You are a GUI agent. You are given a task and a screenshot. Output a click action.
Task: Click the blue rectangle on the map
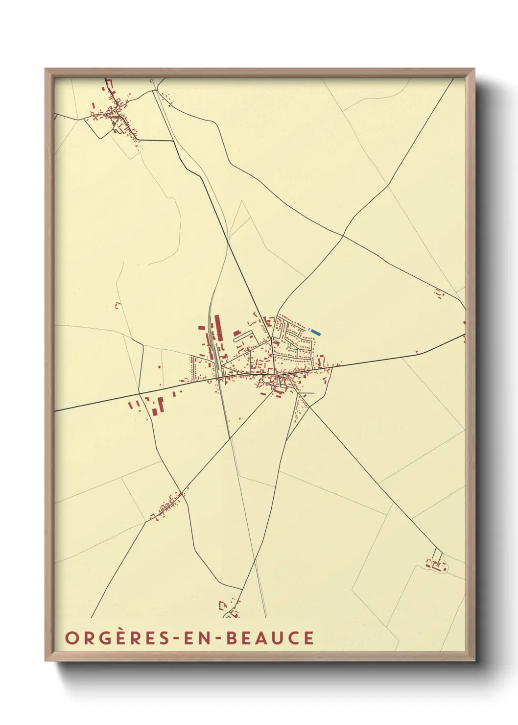coord(315,332)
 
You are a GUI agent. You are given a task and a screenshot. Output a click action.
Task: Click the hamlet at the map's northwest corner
coord(116,115)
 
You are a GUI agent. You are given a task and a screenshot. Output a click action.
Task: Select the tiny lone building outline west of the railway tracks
coord(118,306)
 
